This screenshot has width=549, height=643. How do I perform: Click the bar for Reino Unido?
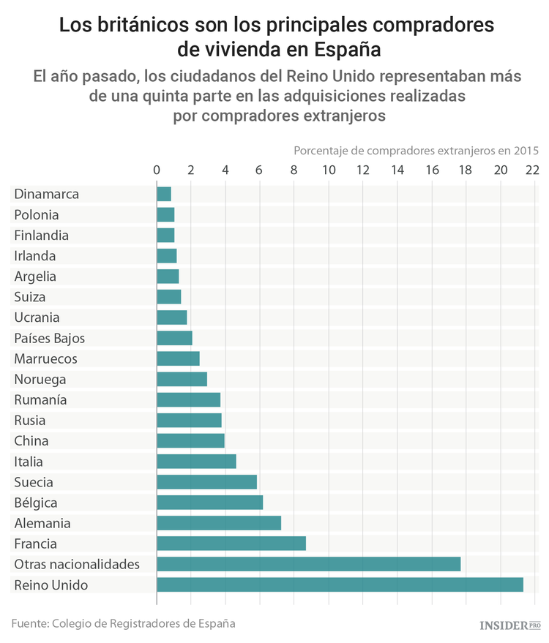pos(340,584)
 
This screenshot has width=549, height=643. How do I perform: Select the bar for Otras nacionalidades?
pos(308,564)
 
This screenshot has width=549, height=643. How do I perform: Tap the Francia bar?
pos(231,544)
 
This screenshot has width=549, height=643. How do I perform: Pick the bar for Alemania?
pos(219,523)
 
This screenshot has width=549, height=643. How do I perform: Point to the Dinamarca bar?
pos(164,194)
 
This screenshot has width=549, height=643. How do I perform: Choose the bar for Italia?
pos(196,462)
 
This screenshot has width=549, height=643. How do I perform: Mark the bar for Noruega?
pos(182,379)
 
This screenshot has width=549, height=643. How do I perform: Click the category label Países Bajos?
pos(50,338)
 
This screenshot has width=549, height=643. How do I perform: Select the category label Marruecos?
pos(45,358)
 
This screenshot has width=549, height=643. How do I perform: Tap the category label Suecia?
pos(34,482)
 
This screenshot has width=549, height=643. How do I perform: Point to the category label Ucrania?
pos(37,317)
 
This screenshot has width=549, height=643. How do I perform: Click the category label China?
pos(31,441)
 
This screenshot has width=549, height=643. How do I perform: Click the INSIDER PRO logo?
pos(509,625)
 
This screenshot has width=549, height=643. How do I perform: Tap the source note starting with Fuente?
pos(123,623)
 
